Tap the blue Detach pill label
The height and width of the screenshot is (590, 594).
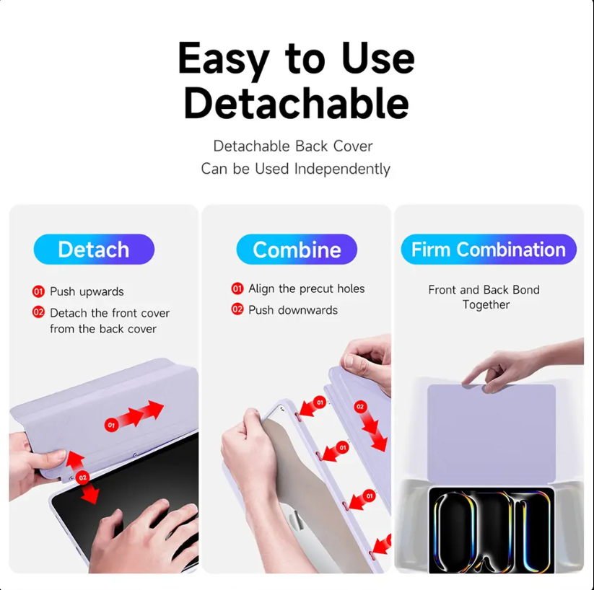point(94,249)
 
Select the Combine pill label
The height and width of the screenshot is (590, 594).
point(297,249)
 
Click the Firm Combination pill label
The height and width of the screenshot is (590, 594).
point(489,249)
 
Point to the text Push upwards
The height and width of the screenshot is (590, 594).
point(87,291)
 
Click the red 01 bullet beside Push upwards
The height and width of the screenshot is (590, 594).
point(38,291)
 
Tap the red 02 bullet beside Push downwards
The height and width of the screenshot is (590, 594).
point(237,309)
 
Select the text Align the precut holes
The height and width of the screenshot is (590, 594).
point(307,289)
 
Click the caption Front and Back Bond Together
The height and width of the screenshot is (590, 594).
point(484,297)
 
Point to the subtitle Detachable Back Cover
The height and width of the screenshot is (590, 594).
point(293,146)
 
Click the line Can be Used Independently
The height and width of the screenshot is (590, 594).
point(295,169)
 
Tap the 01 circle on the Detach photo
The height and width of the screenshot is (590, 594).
point(111,425)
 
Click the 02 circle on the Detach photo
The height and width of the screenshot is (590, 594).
point(82,477)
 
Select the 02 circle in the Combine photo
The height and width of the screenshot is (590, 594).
point(360,407)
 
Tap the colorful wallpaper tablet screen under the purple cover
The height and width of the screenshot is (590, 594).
point(492,530)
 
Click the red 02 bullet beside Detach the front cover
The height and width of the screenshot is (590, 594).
point(38,312)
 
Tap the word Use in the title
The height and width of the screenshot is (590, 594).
point(378,58)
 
